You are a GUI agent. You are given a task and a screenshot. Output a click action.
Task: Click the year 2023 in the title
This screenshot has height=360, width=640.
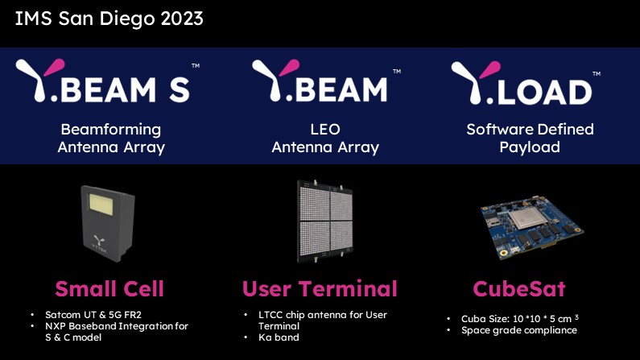(182, 19)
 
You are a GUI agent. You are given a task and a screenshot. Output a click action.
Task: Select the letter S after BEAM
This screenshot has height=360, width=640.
(180, 89)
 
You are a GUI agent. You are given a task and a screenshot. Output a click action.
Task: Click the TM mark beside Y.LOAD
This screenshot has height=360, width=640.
(597, 74)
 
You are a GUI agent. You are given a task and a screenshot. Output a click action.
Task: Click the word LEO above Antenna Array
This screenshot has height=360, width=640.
(325, 130)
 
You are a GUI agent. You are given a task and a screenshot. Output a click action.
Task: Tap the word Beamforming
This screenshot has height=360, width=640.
(111, 130)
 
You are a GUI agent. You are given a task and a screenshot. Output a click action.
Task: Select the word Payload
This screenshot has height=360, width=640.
(530, 147)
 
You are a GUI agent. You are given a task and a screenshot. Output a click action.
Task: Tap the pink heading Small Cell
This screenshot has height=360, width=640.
(109, 289)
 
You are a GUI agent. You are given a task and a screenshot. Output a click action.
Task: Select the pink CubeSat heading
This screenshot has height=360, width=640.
(519, 289)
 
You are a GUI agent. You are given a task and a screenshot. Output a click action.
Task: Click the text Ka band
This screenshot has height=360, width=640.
(279, 337)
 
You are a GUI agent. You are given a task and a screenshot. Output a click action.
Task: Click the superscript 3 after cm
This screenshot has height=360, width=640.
(576, 317)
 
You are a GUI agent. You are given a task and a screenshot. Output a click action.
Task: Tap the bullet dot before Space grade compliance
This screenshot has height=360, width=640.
(448, 330)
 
